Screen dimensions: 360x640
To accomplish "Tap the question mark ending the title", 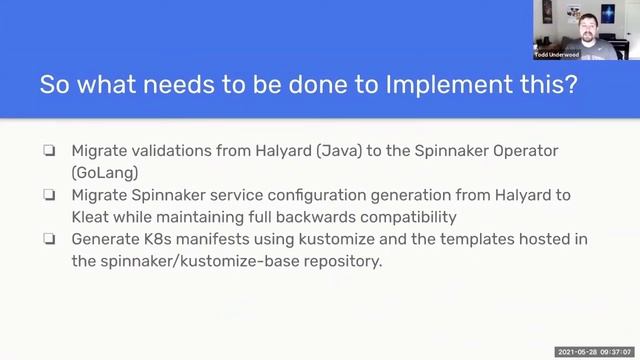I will (x=570, y=86).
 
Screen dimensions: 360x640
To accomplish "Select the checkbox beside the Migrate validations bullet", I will (x=49, y=150).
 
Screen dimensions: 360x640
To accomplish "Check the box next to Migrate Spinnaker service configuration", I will (x=49, y=195).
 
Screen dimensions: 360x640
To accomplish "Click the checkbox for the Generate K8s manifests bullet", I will (x=49, y=240).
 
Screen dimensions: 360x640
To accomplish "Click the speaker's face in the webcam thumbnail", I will (x=584, y=21).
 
